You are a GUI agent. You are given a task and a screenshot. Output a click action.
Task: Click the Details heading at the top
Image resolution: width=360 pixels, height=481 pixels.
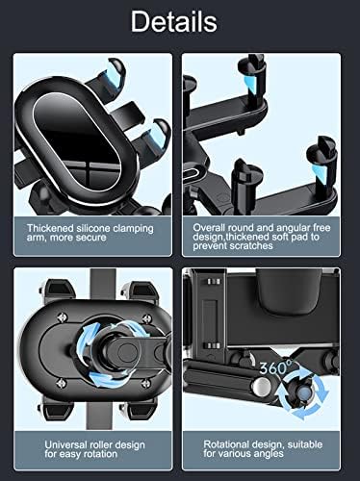tap(181, 21)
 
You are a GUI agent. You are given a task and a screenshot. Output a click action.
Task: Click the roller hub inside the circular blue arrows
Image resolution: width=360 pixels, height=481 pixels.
tap(106, 345)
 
